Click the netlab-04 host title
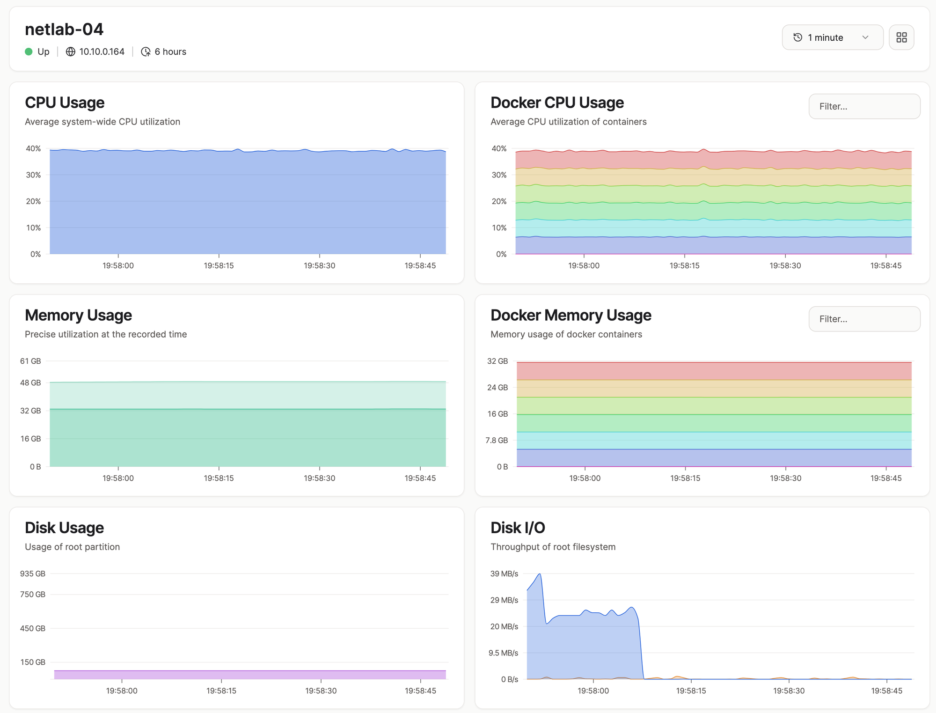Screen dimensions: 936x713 [64, 29]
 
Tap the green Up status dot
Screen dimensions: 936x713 [29, 51]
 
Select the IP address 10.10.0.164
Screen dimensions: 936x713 [102, 51]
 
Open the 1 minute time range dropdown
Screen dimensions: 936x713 [832, 37]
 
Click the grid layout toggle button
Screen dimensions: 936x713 [901, 37]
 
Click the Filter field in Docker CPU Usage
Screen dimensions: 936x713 [864, 106]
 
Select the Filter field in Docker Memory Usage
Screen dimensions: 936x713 [864, 319]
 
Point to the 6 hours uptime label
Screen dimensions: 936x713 [170, 51]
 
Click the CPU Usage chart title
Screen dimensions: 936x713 [65, 103]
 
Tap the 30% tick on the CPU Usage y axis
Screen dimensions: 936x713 [33, 175]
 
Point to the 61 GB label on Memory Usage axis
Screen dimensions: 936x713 [30, 361]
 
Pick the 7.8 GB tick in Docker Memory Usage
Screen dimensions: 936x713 [497, 440]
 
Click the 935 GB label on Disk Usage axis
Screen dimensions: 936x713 [33, 573]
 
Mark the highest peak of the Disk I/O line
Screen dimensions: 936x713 [540, 574]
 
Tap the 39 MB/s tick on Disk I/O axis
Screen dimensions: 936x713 [504, 573]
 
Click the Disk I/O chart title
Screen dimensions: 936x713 [518, 528]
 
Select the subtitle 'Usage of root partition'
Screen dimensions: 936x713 [72, 547]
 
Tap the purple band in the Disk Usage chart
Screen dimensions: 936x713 [250, 675]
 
